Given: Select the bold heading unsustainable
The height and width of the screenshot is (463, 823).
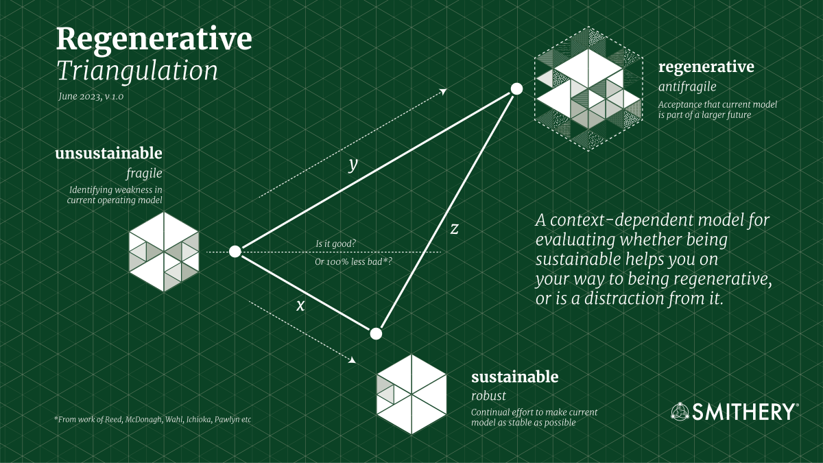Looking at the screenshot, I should pos(109,152).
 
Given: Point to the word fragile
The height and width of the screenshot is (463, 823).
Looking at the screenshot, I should pos(145,172).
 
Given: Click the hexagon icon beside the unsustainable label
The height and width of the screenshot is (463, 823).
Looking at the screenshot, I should pos(164,252).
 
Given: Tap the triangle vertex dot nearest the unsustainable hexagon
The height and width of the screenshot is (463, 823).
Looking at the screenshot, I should pos(235,252).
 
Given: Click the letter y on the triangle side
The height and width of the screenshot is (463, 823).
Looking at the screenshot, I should pos(354,164).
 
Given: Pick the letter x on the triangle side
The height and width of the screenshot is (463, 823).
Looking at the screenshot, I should pos(300,305).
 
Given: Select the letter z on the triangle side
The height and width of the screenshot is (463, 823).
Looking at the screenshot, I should pos(454,229).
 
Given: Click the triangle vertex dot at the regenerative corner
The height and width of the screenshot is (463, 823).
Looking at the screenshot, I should pos(516,89).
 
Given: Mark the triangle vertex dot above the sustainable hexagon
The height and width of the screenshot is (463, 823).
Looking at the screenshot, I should pos(375,334).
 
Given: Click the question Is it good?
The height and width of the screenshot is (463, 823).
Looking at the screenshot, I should pos(335,244).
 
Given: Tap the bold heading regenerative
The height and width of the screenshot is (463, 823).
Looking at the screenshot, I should pos(706,67).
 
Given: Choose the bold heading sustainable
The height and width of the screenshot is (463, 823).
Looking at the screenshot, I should pos(514,377).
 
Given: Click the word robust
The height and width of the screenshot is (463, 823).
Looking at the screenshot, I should pos(488,396).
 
